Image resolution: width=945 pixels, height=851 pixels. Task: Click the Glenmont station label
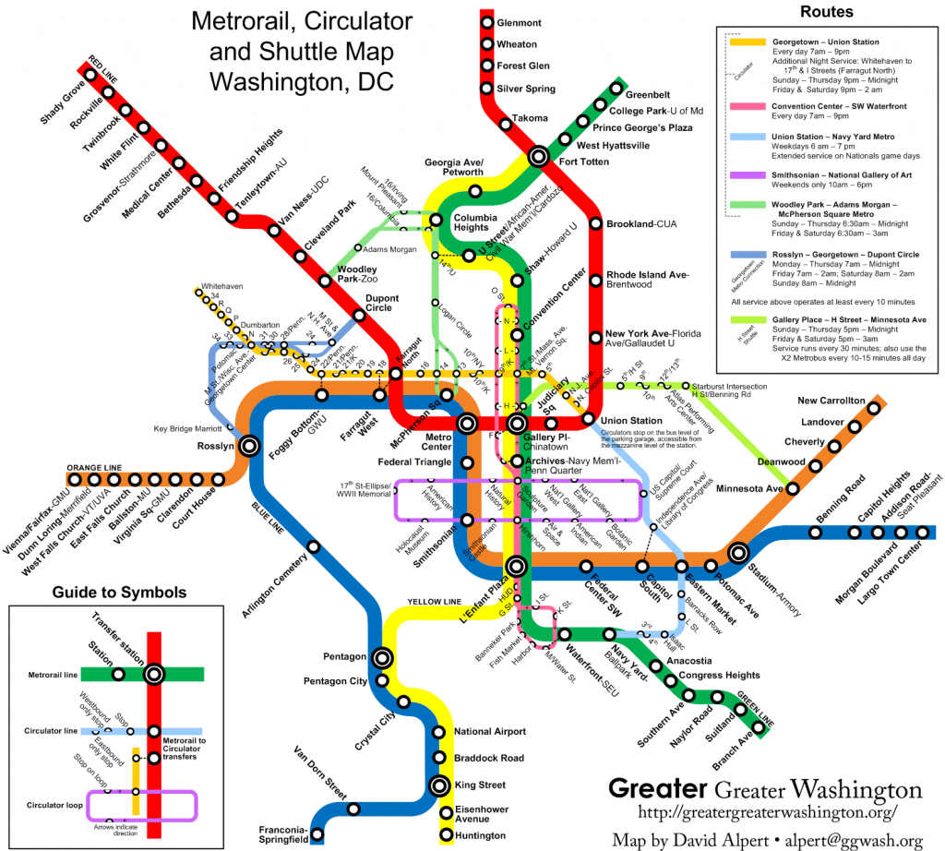click(525, 21)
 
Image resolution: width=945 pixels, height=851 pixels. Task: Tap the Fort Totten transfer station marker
click(537, 158)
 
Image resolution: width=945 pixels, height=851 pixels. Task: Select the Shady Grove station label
click(63, 102)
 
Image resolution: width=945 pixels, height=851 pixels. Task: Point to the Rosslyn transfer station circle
click(248, 447)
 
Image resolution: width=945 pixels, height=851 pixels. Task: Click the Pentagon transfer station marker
click(382, 657)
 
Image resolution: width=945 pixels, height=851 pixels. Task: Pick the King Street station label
click(480, 785)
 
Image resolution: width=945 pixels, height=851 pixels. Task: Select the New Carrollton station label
click(831, 401)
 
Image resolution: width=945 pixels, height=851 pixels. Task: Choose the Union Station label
click(631, 421)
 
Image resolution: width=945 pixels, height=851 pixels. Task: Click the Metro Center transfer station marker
click(468, 425)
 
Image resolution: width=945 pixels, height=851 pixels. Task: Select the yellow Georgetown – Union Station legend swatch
click(748, 42)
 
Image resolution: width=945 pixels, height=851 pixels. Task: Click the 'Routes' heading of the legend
click(826, 12)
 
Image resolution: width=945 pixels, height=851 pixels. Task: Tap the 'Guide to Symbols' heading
click(119, 592)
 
